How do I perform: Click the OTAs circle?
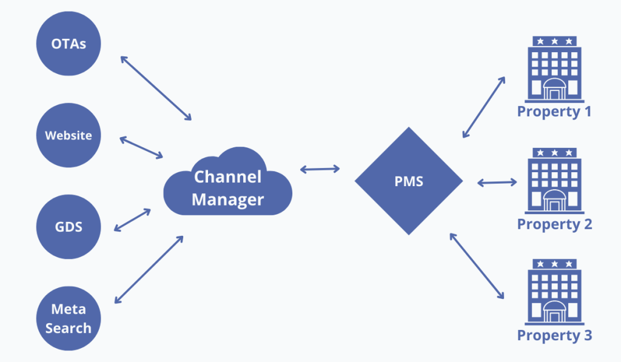68,44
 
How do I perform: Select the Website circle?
68,135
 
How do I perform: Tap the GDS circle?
68,228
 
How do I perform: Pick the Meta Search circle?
68,318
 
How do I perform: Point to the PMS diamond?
409,181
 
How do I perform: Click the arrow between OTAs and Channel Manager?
156,87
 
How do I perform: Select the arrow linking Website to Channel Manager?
141,148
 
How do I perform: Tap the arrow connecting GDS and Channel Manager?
132,220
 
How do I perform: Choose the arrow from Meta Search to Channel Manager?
149,269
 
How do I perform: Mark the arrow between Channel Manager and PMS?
320,169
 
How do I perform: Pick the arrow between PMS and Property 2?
496,181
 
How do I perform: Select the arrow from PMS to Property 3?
477,266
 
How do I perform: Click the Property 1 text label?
554,112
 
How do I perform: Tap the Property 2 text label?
554,224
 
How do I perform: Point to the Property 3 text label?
554,335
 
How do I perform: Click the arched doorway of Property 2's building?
554,201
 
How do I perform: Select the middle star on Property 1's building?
554,41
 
